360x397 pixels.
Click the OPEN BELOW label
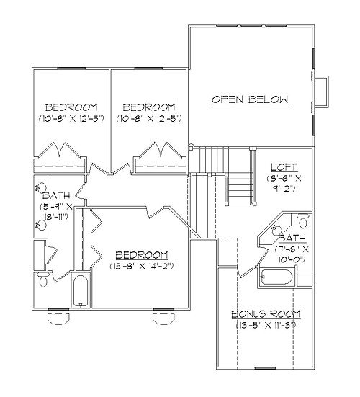pos(250,99)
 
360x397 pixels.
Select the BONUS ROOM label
pos(266,314)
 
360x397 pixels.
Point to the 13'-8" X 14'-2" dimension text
pos(142,266)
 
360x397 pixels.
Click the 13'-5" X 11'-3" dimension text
pos(266,325)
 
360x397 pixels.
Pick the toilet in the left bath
pos(43,280)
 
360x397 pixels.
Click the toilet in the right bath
pos(303,220)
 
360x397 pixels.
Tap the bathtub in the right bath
pos(276,277)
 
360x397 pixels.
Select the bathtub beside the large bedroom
pos(81,291)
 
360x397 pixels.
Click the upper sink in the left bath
pos(41,187)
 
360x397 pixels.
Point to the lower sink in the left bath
pos(41,225)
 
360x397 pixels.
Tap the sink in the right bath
pos(276,230)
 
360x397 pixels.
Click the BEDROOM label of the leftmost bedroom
pos(71,107)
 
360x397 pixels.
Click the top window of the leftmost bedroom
pos(71,68)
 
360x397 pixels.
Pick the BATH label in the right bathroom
pos(292,238)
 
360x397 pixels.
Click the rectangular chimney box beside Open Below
pos(321,92)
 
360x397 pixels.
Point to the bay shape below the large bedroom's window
pos(163,318)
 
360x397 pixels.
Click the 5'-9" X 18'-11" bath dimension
pos(56,211)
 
